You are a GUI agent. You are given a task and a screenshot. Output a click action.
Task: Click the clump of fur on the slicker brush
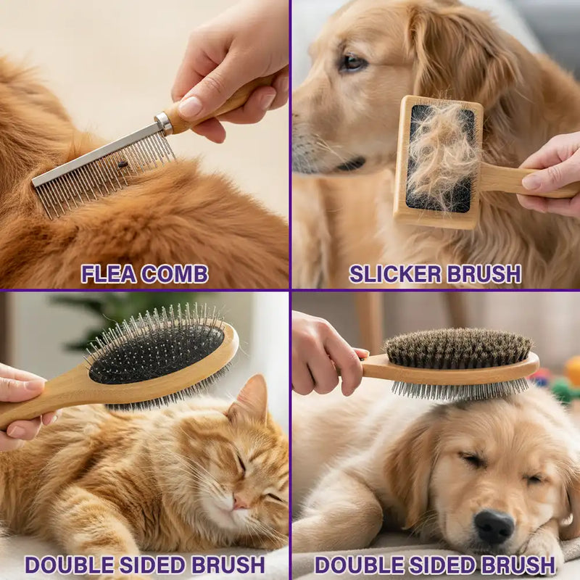pyautogui.click(x=439, y=156)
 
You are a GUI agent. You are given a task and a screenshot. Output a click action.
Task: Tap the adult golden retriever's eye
pyautogui.click(x=353, y=63)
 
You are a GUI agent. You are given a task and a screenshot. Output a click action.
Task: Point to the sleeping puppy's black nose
pyautogui.click(x=494, y=526)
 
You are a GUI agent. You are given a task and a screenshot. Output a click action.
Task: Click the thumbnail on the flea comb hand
pyautogui.click(x=191, y=107)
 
